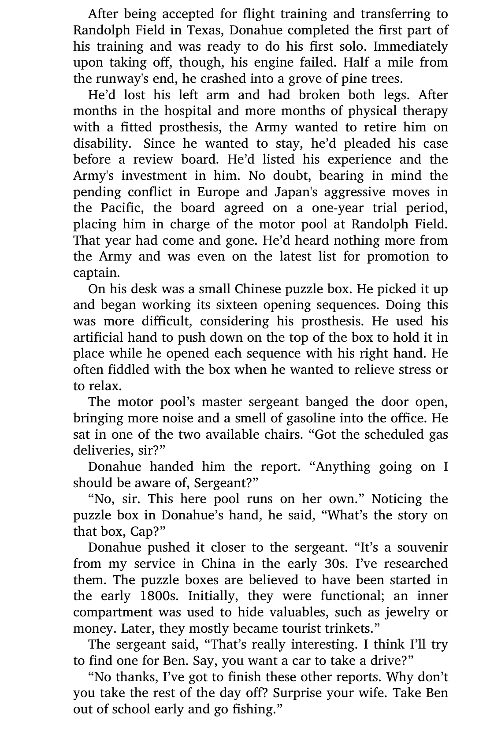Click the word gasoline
(311, 418)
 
